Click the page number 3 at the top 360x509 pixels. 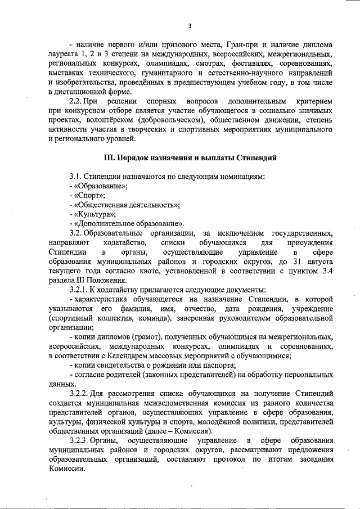(190, 25)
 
